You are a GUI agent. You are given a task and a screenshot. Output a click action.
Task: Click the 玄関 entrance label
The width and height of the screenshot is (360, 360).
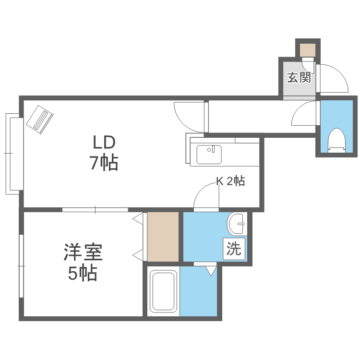pos(299,77)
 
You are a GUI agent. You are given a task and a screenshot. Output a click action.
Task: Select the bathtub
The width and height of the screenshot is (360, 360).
pos(164,291)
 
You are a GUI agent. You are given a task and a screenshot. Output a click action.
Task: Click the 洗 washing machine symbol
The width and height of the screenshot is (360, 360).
pos(234,249)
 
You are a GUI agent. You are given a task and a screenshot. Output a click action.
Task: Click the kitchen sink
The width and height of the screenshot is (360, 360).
pos(209,154)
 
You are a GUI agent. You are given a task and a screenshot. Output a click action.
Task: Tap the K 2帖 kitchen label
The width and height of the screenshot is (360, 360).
pos(230,181)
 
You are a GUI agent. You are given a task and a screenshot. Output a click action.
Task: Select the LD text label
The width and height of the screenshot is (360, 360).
pos(104,142)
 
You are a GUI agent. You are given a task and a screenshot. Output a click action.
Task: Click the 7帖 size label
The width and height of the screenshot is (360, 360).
pos(104,164)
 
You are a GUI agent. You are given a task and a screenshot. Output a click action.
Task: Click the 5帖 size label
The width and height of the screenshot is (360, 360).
pos(83,273)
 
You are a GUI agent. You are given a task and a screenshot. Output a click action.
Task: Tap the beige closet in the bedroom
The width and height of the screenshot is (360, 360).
pos(163,236)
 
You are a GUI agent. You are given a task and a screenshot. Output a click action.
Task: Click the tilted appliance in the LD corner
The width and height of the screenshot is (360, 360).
pos(40,119)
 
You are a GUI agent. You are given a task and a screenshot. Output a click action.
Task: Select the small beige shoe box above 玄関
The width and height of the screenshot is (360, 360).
pos(308,50)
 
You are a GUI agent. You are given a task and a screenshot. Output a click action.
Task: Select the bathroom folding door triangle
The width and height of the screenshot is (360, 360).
pos(211,270)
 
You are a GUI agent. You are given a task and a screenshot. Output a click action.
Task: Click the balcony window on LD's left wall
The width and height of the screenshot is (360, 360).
pos(13,153)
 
